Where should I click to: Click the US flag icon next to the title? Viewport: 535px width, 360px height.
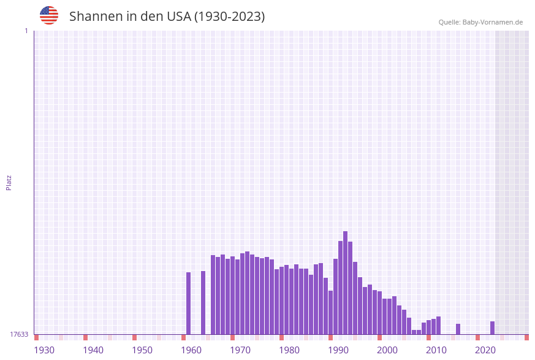tap(49, 15)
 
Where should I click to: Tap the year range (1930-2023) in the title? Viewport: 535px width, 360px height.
tap(229, 17)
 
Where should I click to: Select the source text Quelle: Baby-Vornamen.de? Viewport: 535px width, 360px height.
tap(480, 22)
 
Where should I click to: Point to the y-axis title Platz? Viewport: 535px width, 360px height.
tap(9, 183)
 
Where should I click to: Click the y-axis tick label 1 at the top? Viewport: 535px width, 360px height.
tap(26, 31)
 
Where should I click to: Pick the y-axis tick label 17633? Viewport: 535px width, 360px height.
tap(19, 334)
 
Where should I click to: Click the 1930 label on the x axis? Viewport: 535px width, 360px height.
tap(44, 350)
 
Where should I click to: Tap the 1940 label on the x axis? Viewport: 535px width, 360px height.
tap(93, 350)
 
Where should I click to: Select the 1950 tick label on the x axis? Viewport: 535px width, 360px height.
tap(142, 350)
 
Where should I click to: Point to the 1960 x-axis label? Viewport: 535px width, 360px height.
tap(191, 350)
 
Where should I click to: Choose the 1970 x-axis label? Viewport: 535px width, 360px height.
tap(240, 350)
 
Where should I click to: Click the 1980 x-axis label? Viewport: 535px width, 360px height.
tap(289, 350)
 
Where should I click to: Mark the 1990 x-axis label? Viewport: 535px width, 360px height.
tap(338, 350)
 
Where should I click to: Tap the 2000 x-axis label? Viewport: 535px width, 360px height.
tap(387, 350)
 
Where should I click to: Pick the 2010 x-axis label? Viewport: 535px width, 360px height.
tap(436, 350)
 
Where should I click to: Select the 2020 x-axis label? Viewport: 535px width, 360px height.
tap(485, 350)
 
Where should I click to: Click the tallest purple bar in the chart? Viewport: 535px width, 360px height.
tap(345, 282)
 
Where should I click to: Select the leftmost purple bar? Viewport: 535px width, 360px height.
tap(188, 303)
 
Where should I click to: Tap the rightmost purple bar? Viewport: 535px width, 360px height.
tap(492, 328)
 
